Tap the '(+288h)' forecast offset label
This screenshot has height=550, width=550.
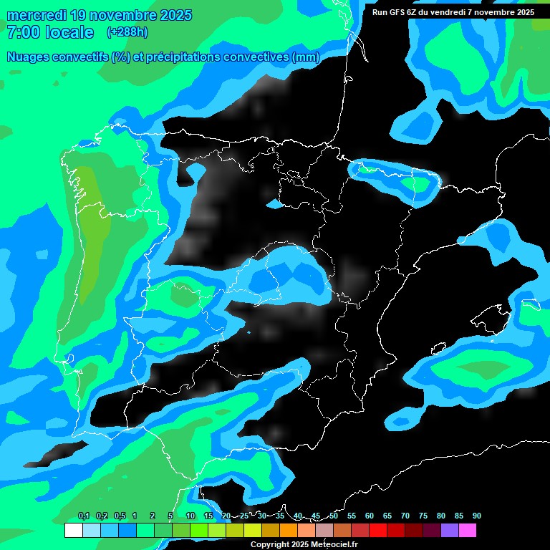[127, 32]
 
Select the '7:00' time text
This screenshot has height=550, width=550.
[22, 32]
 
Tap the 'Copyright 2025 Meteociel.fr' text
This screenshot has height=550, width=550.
[304, 544]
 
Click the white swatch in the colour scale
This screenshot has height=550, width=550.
[73, 531]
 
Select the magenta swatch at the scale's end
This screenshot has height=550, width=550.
[468, 531]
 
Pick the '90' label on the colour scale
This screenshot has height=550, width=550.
[477, 516]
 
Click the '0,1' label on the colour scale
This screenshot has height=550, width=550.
[83, 516]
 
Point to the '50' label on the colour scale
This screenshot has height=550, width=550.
[334, 516]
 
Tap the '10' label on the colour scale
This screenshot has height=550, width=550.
[190, 516]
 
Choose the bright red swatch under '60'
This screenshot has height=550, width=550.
[378, 531]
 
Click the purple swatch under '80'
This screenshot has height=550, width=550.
[450, 531]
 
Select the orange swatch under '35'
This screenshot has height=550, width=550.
[289, 531]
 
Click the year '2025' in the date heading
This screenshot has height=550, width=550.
[168, 15]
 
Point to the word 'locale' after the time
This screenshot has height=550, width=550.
[69, 32]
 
